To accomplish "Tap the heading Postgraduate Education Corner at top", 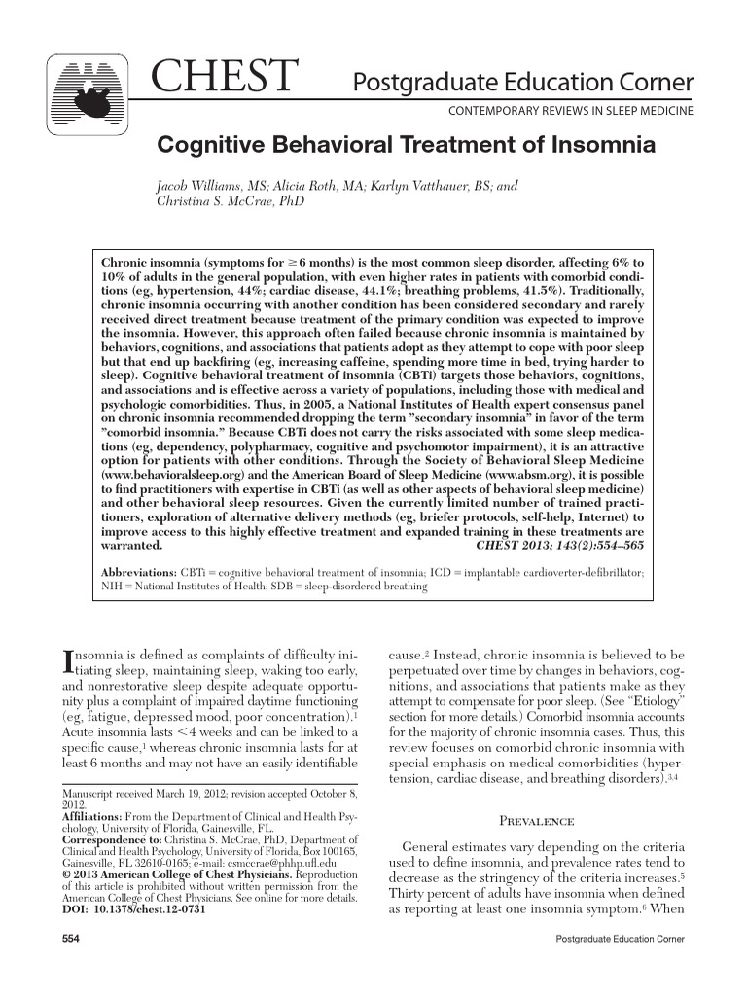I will click(x=522, y=81).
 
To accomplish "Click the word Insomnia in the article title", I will click(x=595, y=147).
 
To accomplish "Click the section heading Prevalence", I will click(x=537, y=820).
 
